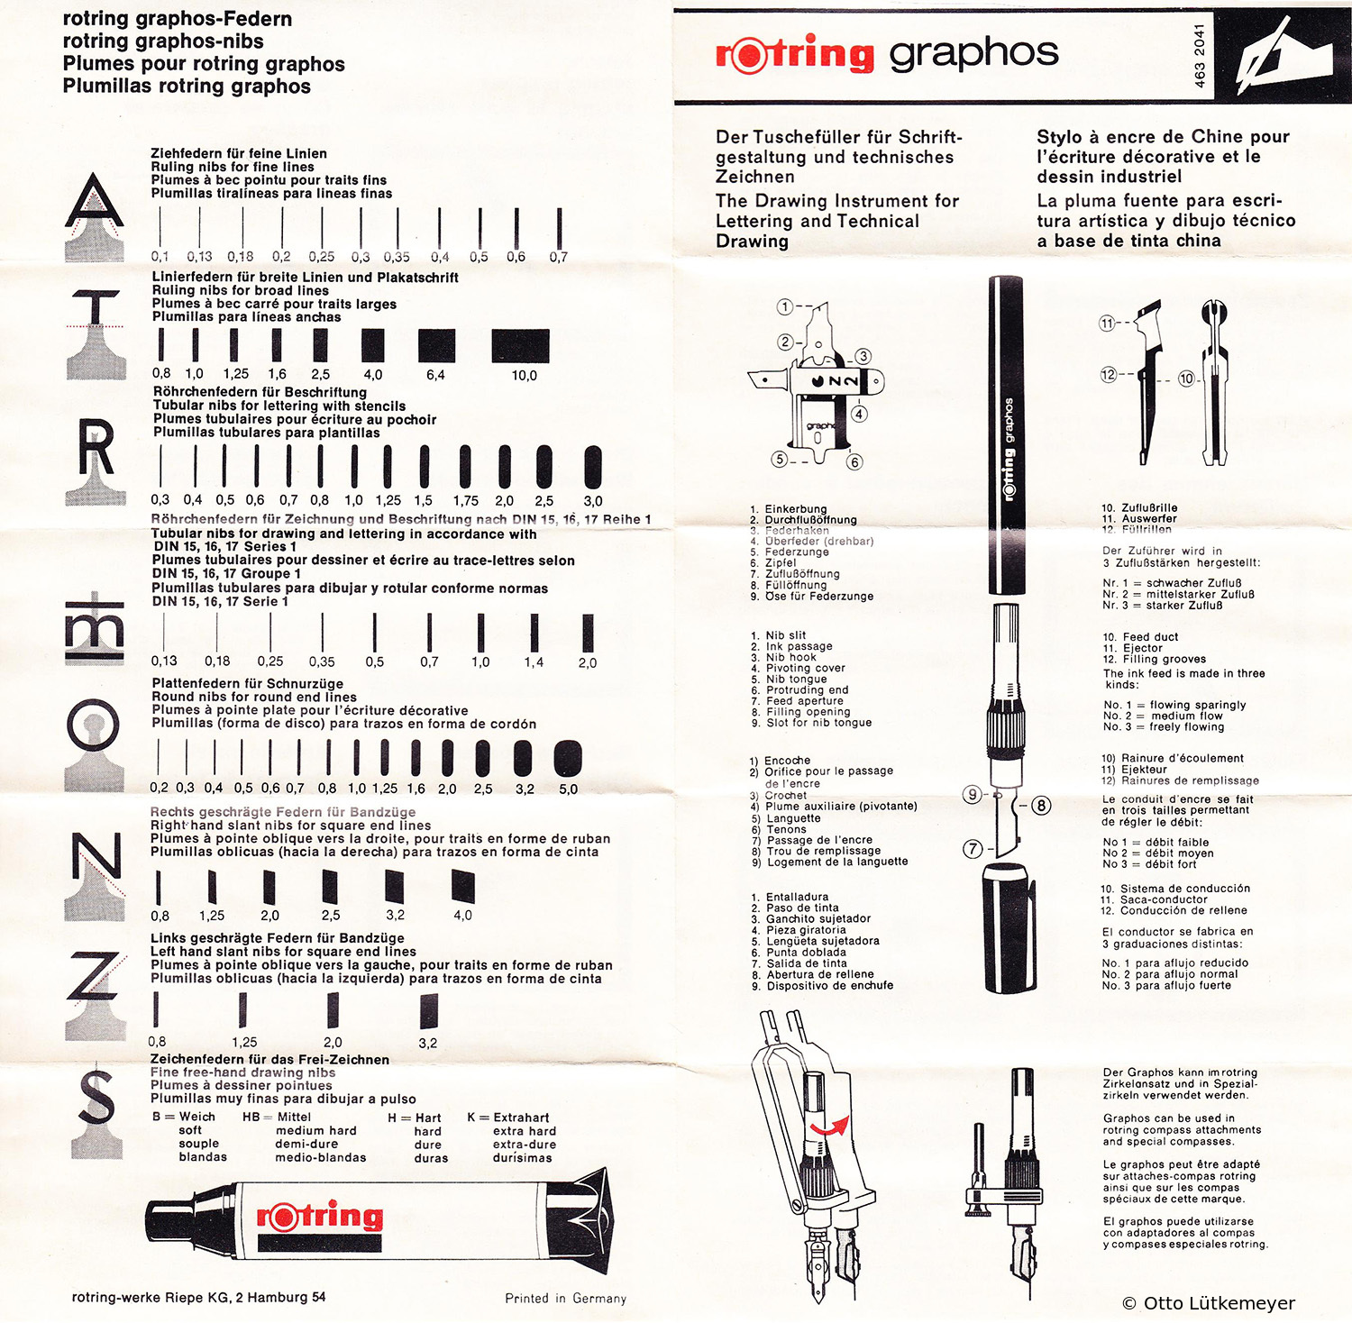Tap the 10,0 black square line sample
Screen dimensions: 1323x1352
(520, 346)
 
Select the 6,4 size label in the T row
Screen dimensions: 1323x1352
(435, 375)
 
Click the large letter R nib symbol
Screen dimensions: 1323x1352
(96, 449)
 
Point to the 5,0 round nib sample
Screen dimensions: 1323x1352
(568, 759)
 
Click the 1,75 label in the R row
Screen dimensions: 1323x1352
(465, 501)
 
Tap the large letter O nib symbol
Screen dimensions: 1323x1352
(93, 725)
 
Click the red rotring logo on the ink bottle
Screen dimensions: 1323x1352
(320, 1216)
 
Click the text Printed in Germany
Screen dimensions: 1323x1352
(565, 1299)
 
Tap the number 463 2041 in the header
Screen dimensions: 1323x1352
(1199, 56)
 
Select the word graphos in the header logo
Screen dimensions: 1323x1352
(973, 54)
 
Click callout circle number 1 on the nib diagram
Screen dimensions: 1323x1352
(785, 307)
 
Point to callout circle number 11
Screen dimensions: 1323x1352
(1107, 323)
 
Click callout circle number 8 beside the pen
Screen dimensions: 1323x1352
(1041, 805)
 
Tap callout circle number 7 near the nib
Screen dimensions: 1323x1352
(973, 848)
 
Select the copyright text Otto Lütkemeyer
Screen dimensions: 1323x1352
(1208, 1303)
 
